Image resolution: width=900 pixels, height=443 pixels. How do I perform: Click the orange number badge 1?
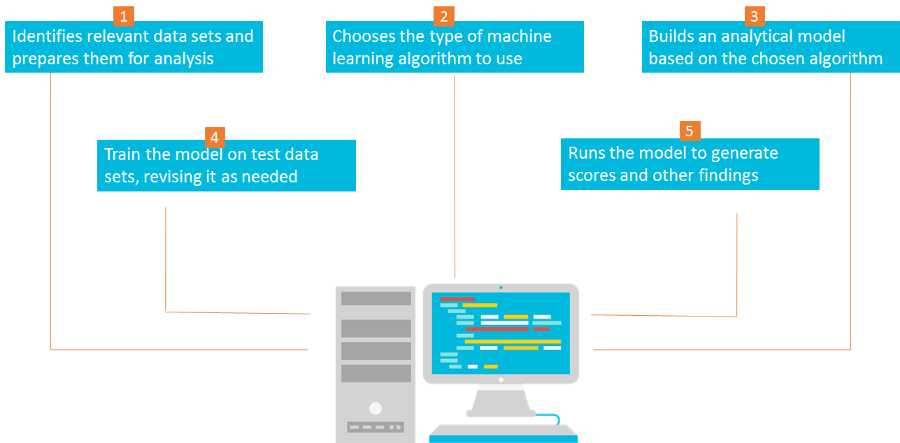point(123,16)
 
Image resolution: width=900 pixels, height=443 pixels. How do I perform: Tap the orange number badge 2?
point(443,16)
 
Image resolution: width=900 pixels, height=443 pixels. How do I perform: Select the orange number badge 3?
point(755,16)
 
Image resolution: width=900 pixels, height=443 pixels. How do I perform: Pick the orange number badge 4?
point(215,136)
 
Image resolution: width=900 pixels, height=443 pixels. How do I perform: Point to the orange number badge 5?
point(690,131)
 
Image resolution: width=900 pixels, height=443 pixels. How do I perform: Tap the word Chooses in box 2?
point(362,36)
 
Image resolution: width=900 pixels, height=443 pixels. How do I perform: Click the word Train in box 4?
point(124,154)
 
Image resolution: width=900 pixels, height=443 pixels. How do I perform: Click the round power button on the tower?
point(376,408)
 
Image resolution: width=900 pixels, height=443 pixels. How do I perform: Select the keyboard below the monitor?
point(503,434)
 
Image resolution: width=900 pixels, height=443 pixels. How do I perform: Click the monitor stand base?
point(501,414)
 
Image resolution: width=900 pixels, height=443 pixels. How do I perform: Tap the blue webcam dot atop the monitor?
point(501,287)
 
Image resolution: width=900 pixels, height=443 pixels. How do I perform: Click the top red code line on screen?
point(457,299)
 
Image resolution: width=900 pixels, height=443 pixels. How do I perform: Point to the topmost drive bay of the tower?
point(376,298)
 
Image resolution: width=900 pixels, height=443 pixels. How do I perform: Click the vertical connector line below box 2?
point(455,175)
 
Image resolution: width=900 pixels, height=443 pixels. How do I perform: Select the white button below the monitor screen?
point(501,380)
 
